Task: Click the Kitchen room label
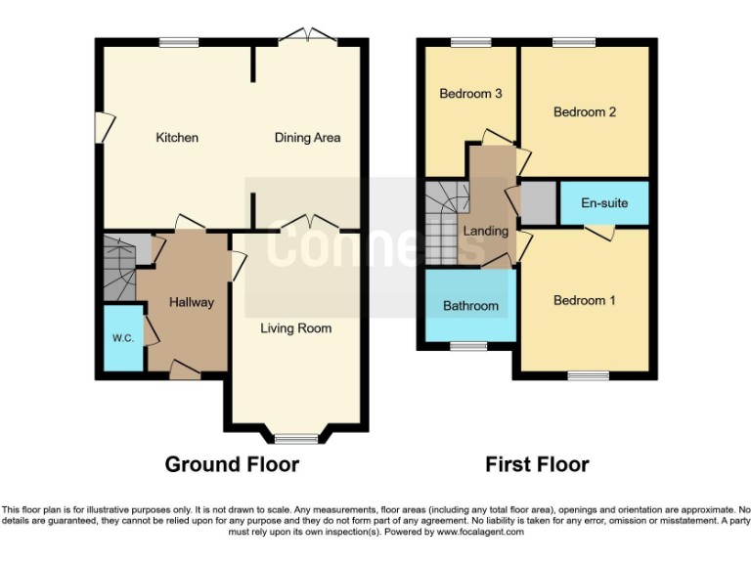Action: pos(177,138)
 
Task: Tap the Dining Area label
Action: pos(307,138)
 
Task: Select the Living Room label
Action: pos(295,328)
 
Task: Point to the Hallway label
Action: pos(191,302)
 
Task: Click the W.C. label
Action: pos(122,338)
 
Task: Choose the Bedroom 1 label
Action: pos(584,300)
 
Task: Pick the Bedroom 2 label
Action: pos(584,112)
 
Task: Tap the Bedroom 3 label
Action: pos(470,94)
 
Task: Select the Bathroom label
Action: pos(470,306)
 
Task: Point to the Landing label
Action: pos(486,232)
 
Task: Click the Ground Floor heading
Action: pos(232,464)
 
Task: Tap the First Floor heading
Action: pos(537,464)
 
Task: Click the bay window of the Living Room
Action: pos(296,437)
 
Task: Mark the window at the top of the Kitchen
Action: pos(178,42)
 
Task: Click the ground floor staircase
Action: pos(119,269)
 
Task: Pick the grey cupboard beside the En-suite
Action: pos(537,202)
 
